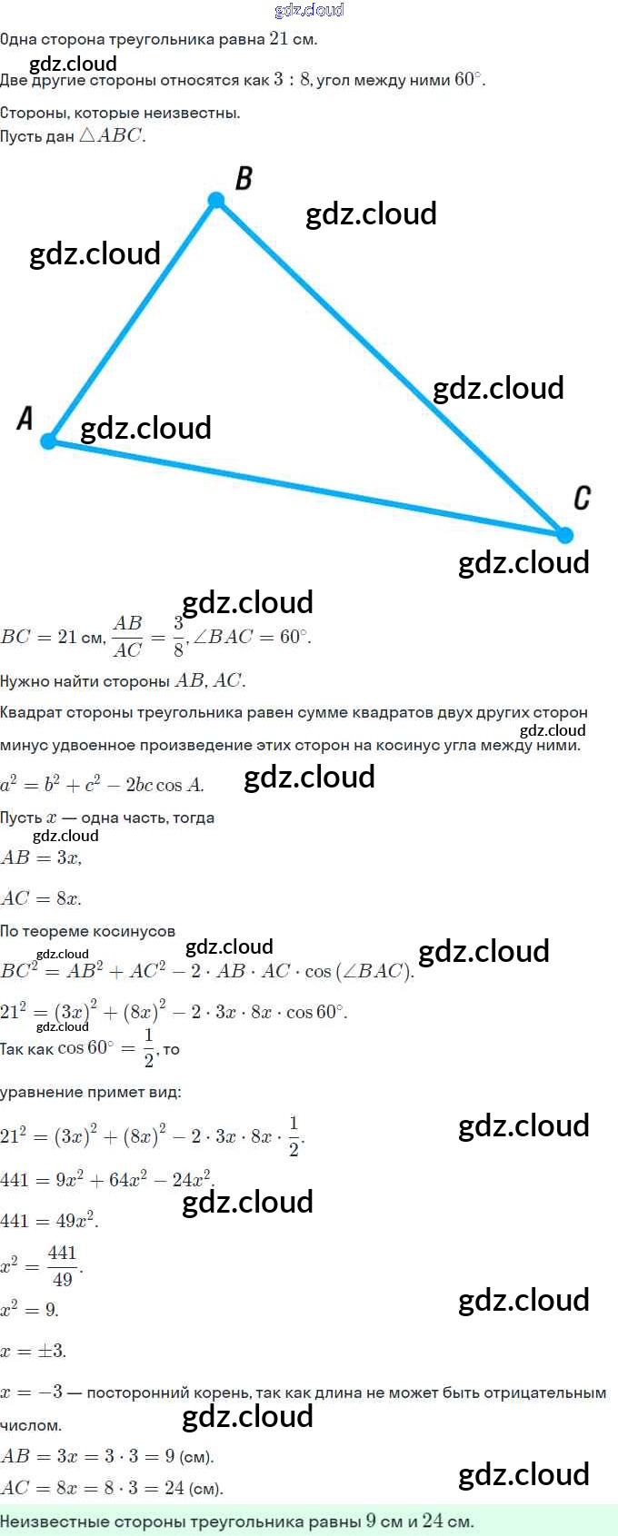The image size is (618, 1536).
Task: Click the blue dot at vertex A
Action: coord(49,441)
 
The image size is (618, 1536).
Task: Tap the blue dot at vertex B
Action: coord(216,200)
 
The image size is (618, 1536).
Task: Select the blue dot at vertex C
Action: coord(564,535)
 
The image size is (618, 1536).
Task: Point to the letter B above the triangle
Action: coord(244,178)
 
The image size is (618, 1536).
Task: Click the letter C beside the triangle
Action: coord(583,498)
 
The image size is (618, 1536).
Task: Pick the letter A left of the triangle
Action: coord(25,418)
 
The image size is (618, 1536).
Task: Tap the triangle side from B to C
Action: coord(391,368)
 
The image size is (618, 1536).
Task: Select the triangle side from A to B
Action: coord(133,321)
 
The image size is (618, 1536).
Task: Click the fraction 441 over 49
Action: coord(62,1266)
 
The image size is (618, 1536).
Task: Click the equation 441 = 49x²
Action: coord(49,1221)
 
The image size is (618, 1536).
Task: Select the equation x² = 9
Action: coord(30,1310)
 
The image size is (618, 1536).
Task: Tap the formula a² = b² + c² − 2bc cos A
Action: coord(102,784)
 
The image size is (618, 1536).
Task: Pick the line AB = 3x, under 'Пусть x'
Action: coord(42,857)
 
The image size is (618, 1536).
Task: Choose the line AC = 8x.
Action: coord(42,898)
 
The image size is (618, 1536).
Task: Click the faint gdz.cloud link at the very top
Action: coord(309,10)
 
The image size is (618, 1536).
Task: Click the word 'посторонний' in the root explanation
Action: coord(137,1392)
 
